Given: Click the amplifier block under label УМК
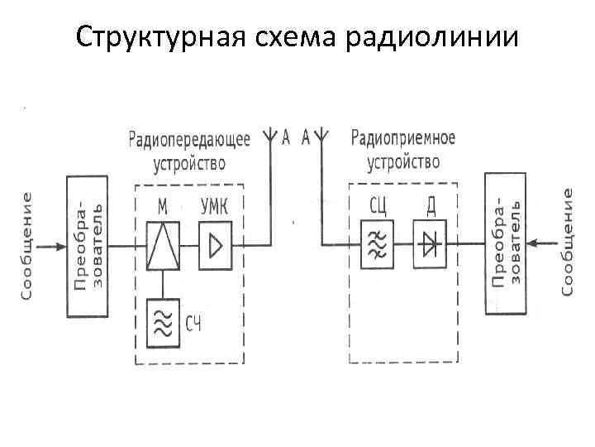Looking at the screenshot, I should pos(215,246).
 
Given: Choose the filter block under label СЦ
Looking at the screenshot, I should pos(376,244).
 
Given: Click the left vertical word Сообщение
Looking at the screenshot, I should pos(28,246).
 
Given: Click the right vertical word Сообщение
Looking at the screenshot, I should pos(568,241).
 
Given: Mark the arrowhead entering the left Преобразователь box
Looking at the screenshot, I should pos(60,246).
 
